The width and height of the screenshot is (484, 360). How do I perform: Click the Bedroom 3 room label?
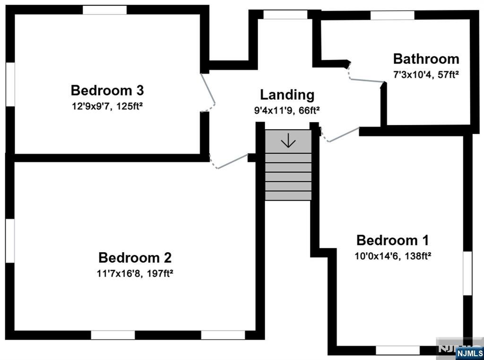[x=107, y=90]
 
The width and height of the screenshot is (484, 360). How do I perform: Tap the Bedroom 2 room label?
[x=135, y=258]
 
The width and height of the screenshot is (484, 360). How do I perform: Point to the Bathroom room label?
[x=426, y=59]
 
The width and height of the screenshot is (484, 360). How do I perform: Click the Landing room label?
[x=287, y=95]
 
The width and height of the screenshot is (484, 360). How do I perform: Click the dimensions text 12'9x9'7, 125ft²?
[x=107, y=106]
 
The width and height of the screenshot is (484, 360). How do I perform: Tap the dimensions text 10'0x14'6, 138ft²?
[x=393, y=256]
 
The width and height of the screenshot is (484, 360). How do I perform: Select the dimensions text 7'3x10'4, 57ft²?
[x=426, y=74]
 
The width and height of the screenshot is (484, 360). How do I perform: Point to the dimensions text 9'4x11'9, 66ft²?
[x=287, y=111]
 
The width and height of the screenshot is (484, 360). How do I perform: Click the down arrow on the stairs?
[x=288, y=141]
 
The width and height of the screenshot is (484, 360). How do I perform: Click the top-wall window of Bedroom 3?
[x=104, y=9]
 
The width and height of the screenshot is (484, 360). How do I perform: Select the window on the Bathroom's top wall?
[x=392, y=15]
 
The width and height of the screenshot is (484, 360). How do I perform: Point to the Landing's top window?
[x=285, y=15]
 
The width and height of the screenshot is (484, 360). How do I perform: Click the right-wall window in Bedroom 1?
[x=467, y=273]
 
